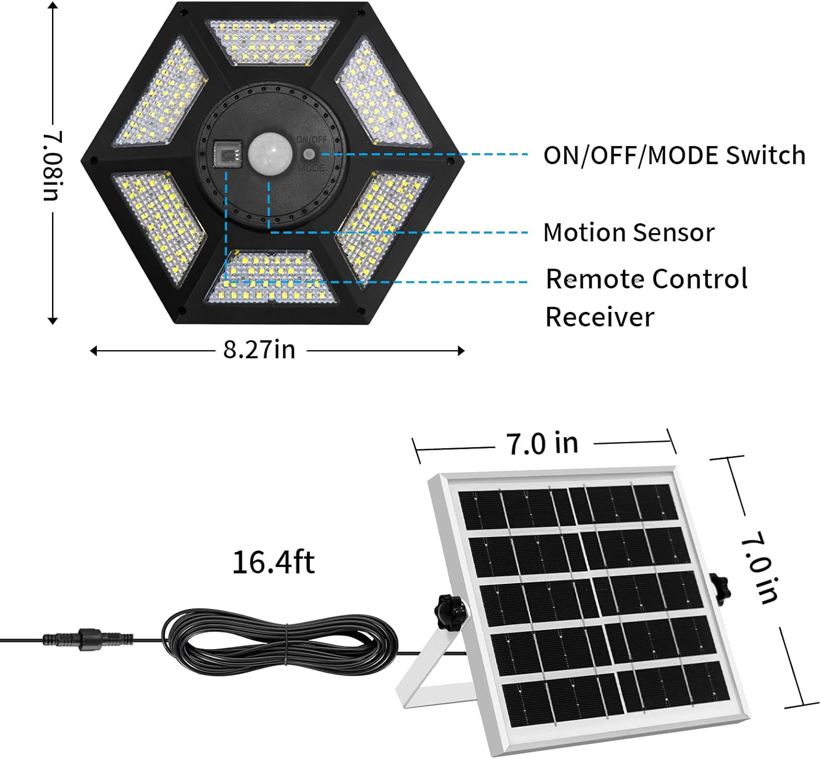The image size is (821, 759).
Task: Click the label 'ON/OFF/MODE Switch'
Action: pyautogui.click(x=674, y=155)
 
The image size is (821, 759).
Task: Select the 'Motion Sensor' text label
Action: pyautogui.click(x=629, y=233)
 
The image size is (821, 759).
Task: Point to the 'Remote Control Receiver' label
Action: pyautogui.click(x=646, y=298)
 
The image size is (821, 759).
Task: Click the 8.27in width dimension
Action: pyautogui.click(x=259, y=349)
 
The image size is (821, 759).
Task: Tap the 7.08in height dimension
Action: pyautogui.click(x=53, y=165)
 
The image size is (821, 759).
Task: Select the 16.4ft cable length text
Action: pyautogui.click(x=273, y=562)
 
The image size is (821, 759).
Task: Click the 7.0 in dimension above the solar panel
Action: pyautogui.click(x=542, y=443)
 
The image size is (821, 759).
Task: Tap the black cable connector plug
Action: pyautogui.click(x=88, y=639)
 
